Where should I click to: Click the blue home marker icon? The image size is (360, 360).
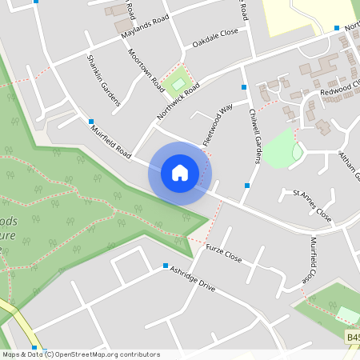coord(180,173)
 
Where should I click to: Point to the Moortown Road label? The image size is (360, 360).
coord(146,70)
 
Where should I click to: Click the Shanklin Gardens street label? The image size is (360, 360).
coord(104,80)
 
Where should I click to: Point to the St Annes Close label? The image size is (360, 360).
coord(312,205)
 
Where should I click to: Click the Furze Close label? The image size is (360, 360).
coord(224,256)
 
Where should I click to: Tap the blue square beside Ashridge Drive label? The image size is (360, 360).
coord(166,266)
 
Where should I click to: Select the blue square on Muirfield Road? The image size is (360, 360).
coord(91,122)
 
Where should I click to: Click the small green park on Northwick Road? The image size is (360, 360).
coord(179,80)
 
